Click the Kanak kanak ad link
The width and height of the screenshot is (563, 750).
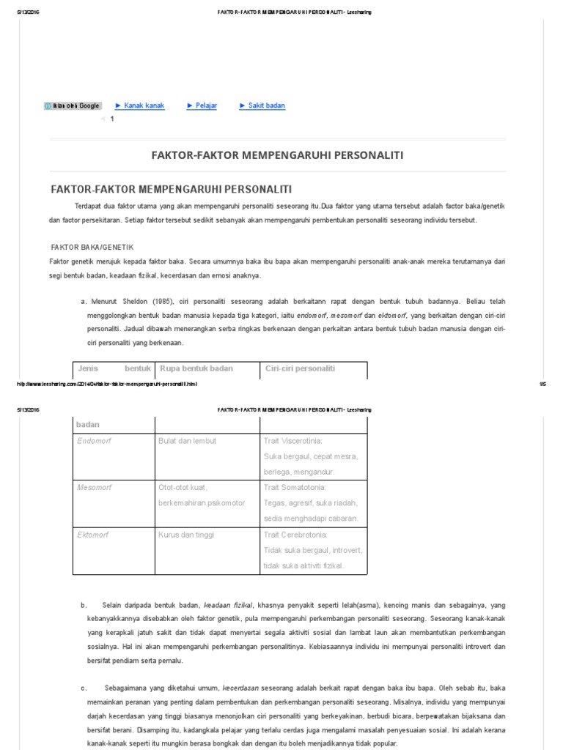click(144, 105)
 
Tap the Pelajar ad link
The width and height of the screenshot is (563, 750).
click(205, 105)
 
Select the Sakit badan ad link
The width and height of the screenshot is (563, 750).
click(265, 105)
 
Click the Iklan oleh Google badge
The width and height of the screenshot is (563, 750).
click(73, 106)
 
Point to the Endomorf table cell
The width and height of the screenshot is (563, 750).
click(93, 441)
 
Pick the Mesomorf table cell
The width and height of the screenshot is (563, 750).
click(93, 487)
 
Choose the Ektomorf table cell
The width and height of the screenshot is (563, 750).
click(93, 535)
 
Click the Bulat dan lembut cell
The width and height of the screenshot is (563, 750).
click(187, 441)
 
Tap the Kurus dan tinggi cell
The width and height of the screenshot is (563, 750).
click(186, 535)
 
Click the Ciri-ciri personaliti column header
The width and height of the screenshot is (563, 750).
click(300, 368)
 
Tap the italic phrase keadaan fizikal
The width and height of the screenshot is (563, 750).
click(228, 605)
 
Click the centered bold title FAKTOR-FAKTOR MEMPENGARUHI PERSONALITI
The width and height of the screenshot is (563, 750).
click(276, 155)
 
